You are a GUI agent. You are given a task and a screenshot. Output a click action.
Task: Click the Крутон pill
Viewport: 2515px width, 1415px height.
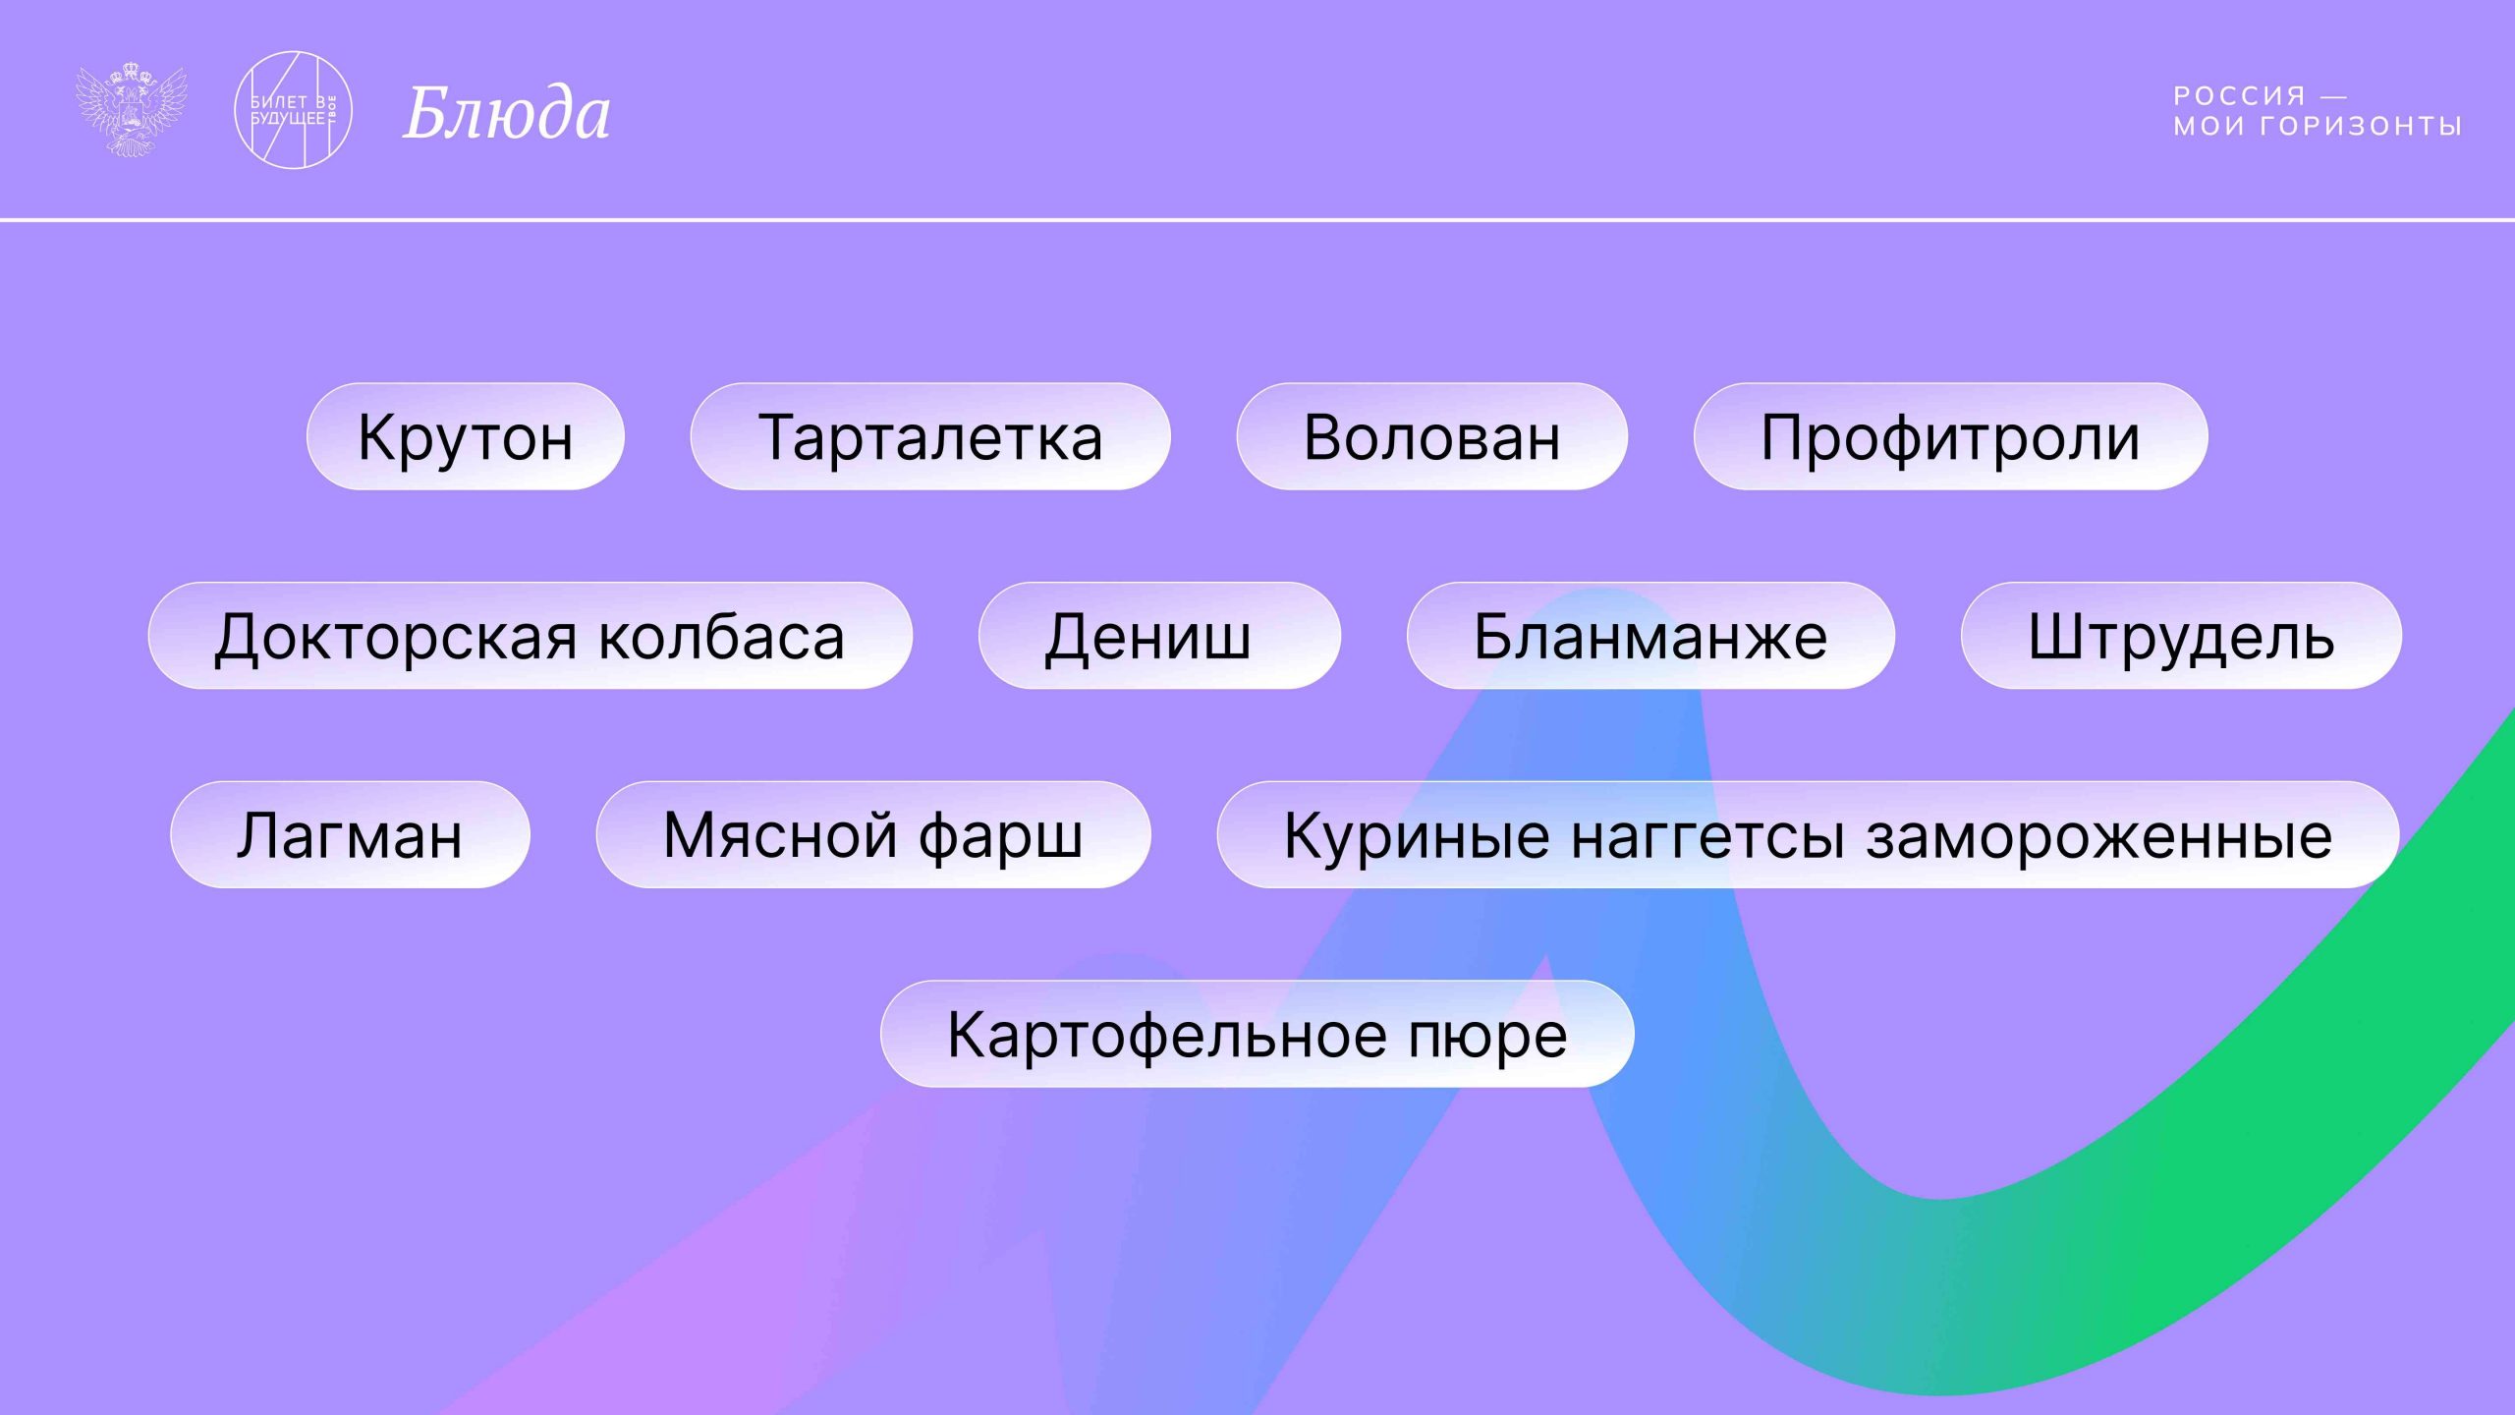coord(465,437)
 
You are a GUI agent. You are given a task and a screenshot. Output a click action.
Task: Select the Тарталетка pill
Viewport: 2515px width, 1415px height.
coord(929,437)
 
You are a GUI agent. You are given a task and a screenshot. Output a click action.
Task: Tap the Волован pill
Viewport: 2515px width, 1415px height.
coord(1431,437)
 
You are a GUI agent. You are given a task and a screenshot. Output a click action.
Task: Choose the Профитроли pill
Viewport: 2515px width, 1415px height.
coord(1950,437)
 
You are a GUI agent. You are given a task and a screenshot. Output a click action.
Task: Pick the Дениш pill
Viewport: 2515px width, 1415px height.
coord(1158,637)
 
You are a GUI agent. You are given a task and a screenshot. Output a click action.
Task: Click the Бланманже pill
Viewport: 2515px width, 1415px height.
coord(1649,637)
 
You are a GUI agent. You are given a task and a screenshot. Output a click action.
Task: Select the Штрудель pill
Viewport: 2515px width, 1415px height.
coord(2181,637)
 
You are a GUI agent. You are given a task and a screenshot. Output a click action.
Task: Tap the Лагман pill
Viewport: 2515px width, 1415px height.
coord(350,835)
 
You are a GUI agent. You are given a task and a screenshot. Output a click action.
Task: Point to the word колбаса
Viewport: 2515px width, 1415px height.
coord(722,637)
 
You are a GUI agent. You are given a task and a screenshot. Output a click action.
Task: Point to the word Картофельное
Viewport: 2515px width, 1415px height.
coord(1167,1035)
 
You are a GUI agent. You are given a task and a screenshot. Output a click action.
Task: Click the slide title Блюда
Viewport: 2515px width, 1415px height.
coord(507,113)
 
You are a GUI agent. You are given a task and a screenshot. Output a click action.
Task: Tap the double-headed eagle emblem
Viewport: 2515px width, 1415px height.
coord(132,110)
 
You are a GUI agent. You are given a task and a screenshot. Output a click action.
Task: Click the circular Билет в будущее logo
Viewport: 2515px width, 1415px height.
coord(293,110)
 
